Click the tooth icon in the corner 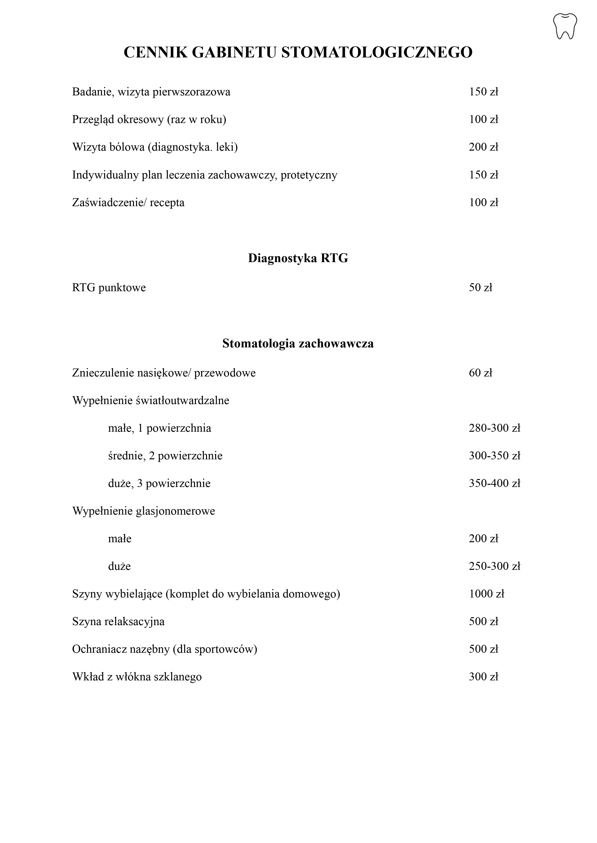pos(565,26)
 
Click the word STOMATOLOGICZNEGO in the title pos(377,53)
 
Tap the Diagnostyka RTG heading pos(298,258)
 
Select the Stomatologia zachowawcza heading pos(298,344)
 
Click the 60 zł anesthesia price pos(480,373)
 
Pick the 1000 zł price pos(486,594)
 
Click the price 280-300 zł pos(494,428)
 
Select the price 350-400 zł pos(494,483)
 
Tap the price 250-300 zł pos(494,566)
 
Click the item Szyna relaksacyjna pos(118,622)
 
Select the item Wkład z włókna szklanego pos(137,677)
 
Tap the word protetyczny pos(309,175)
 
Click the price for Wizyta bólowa pos(483,147)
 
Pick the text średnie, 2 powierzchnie pos(165,456)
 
